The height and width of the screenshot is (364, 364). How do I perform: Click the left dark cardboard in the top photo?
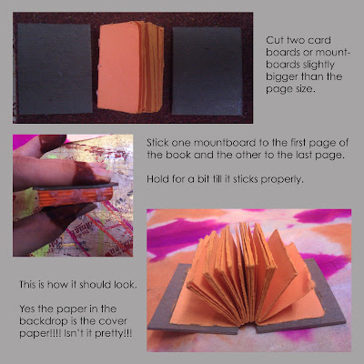pos(55,68)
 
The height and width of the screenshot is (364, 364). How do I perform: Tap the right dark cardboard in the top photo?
pos(207,72)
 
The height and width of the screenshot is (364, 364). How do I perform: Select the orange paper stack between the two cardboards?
pos(131,66)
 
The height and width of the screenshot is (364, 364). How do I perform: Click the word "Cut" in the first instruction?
pos(274,40)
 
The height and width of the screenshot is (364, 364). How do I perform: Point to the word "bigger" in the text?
pos(283,77)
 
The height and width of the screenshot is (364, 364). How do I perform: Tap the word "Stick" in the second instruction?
pos(157,143)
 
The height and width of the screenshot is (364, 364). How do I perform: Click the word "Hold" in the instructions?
pos(157,179)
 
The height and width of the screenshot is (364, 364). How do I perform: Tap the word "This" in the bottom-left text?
pos(27,285)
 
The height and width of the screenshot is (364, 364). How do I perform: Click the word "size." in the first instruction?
pos(304,89)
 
